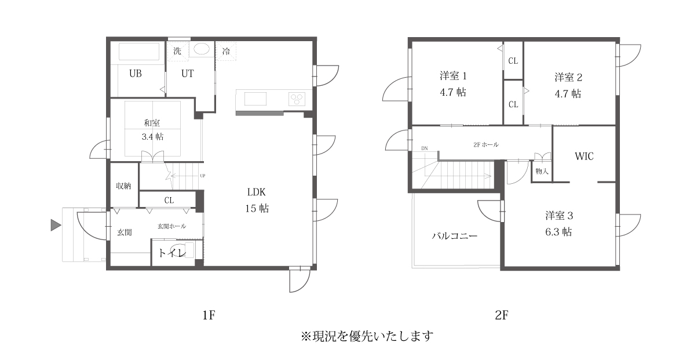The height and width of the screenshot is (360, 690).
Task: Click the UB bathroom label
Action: tap(136, 74)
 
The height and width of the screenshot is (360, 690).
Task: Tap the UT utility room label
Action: tap(187, 74)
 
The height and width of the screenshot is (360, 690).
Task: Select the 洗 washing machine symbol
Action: tap(177, 51)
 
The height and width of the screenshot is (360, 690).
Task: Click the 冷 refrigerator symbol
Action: tap(226, 51)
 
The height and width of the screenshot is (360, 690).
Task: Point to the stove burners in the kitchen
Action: tap(297, 99)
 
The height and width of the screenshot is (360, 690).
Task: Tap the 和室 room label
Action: tap(152, 123)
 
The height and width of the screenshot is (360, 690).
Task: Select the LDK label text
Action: tap(257, 192)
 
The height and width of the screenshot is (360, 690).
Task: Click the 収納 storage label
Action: tap(123, 186)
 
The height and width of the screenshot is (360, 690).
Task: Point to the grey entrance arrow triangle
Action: tap(56, 226)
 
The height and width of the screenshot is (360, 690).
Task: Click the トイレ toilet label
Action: tap(172, 253)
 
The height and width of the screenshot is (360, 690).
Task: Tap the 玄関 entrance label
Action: tap(125, 232)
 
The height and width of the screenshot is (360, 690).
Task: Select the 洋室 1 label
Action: tap(453, 76)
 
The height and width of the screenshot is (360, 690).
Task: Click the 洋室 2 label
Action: tap(568, 77)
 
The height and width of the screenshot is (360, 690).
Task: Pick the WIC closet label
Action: tap(584, 157)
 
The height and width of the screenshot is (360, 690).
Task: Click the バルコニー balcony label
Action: tap(455, 237)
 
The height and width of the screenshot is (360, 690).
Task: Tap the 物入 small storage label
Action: tap(542, 172)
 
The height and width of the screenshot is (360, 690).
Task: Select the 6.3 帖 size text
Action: tap(559, 232)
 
